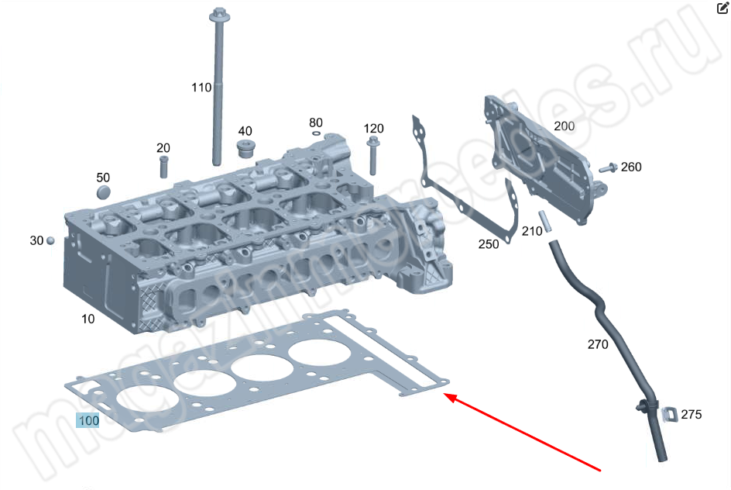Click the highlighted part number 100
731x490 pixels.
88,421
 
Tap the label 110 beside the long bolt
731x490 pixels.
201,88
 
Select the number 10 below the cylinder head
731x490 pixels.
88,319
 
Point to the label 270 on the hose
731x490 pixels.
598,344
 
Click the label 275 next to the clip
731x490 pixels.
691,415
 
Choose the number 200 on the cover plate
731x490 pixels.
564,126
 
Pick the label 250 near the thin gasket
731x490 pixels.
489,244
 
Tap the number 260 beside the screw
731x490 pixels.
631,167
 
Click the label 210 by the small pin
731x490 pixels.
531,231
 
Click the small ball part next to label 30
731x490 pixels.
50,240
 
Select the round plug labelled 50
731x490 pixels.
104,192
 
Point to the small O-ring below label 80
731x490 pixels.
316,133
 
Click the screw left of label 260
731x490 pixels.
608,167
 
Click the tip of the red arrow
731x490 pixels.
446,396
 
